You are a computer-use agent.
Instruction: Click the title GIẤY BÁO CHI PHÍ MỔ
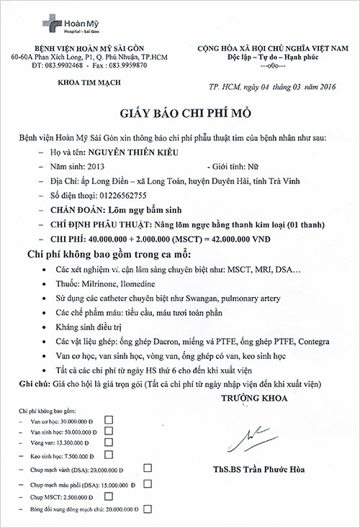click(x=179, y=114)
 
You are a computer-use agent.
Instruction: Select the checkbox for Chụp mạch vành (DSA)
click(x=148, y=468)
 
